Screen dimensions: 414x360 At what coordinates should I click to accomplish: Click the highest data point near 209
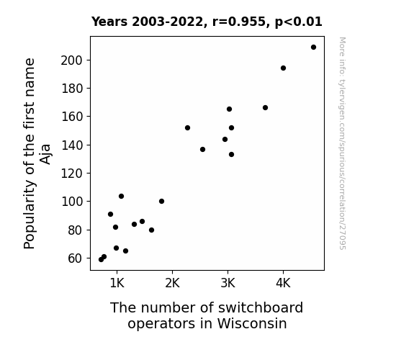(x=313, y=48)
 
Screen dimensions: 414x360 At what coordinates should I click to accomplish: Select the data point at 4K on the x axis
(x=283, y=68)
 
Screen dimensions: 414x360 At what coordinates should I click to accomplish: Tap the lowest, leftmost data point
(x=101, y=260)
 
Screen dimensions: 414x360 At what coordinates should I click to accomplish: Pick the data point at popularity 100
(x=161, y=202)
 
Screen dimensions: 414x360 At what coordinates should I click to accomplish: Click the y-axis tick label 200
(x=72, y=60)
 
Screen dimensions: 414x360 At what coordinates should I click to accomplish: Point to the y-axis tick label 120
(x=72, y=174)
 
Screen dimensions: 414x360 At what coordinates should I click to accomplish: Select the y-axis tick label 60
(x=76, y=258)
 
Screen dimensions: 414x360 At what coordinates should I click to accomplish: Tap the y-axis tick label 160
(x=72, y=117)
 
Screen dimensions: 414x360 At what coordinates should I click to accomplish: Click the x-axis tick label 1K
(x=117, y=284)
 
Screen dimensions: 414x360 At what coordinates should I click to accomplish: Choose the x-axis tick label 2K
(x=172, y=284)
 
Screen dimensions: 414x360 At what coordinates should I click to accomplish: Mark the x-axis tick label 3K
(x=228, y=284)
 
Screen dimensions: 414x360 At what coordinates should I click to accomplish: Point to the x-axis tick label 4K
(x=283, y=284)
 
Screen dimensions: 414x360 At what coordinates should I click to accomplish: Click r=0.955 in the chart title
(x=239, y=22)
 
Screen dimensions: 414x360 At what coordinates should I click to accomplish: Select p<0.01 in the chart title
(x=299, y=22)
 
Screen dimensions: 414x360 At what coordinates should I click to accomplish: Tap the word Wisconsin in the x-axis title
(x=252, y=323)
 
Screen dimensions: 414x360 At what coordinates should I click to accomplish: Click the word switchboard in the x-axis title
(x=261, y=307)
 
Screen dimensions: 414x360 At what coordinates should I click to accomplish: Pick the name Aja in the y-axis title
(x=45, y=154)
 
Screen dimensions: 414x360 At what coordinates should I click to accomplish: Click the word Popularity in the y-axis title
(x=29, y=215)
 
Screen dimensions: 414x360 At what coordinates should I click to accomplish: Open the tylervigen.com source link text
(x=343, y=143)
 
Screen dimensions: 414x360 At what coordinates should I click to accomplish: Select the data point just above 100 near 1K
(x=121, y=197)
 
